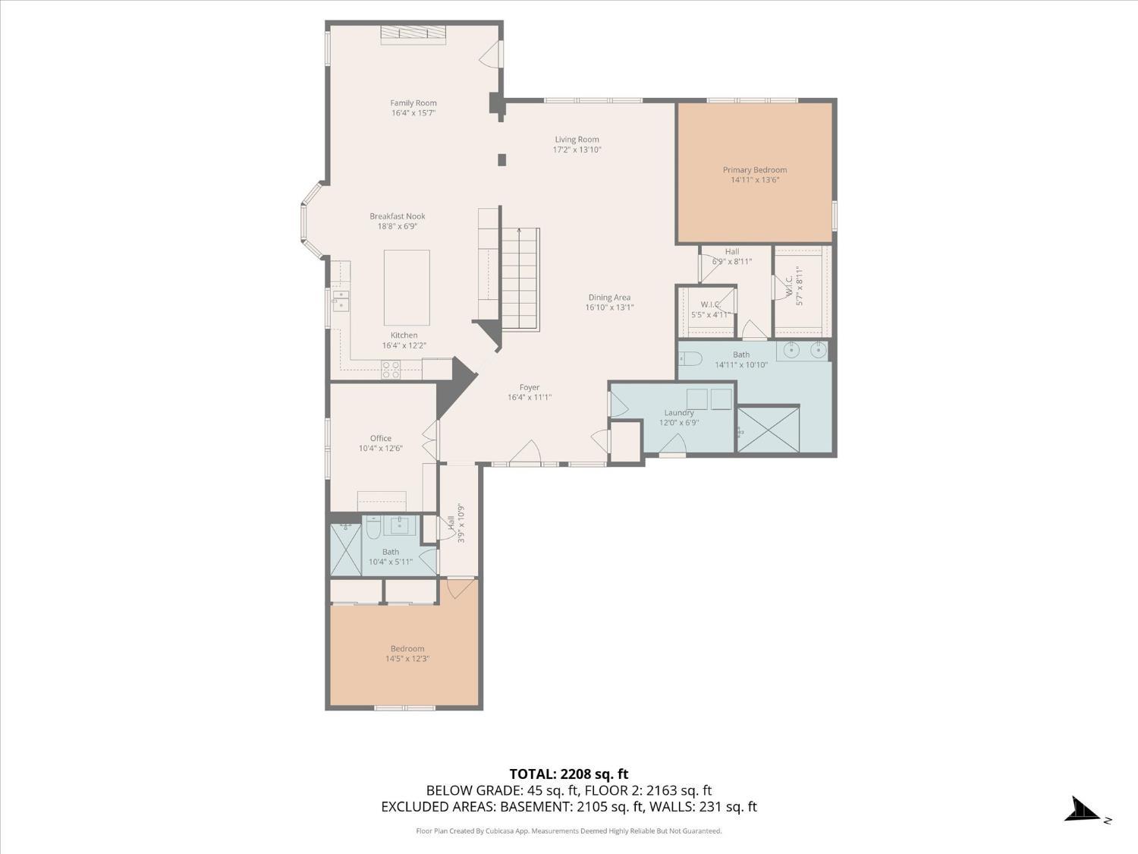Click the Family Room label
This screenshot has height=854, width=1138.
[x=413, y=103]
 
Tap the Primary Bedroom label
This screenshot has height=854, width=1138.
[x=754, y=170]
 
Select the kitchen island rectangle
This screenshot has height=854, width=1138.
[x=407, y=288]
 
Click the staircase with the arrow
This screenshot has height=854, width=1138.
[x=520, y=279]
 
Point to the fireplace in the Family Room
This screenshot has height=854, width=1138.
[x=413, y=33]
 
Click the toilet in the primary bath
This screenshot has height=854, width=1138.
[x=690, y=358]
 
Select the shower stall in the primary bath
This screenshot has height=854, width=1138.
[x=769, y=430]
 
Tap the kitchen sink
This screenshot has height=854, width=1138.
[x=340, y=301]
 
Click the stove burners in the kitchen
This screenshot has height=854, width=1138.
[x=391, y=370]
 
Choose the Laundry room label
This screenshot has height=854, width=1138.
[x=678, y=413]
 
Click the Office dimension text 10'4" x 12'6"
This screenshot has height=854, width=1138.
[x=381, y=449]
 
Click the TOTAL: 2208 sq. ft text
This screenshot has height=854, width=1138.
[x=568, y=774]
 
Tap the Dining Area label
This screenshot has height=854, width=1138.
[x=609, y=298]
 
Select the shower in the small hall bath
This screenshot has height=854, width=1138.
[x=346, y=549]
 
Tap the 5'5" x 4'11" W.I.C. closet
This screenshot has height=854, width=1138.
[x=707, y=311]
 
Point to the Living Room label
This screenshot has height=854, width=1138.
[x=577, y=140]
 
